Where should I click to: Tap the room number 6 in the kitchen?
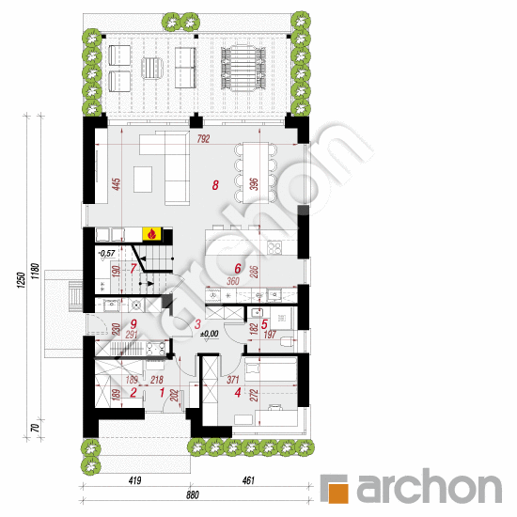click(238, 268)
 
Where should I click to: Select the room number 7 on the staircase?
click(134, 269)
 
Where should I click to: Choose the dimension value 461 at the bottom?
click(248, 481)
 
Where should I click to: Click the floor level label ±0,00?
click(209, 333)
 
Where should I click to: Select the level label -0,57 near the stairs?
click(105, 253)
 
